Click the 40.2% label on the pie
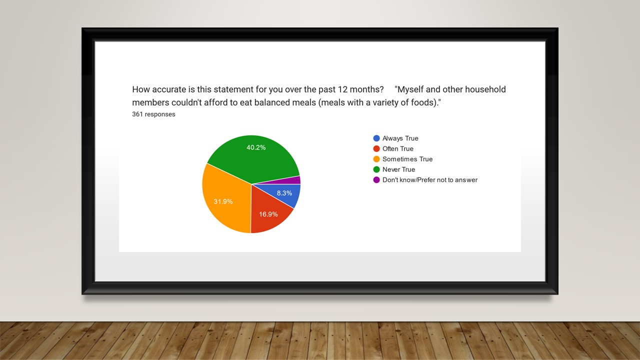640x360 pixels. [256, 147]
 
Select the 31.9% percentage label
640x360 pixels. [223, 201]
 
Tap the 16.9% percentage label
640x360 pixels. [268, 214]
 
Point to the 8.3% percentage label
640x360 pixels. [284, 193]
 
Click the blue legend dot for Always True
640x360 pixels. [376, 138]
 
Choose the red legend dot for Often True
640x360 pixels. [376, 148]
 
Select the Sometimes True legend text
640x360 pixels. [407, 159]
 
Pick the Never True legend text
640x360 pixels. [398, 169]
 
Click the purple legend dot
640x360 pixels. [376, 179]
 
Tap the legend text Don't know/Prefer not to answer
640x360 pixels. [430, 180]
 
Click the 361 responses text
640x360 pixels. [153, 114]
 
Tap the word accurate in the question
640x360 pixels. [169, 89]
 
